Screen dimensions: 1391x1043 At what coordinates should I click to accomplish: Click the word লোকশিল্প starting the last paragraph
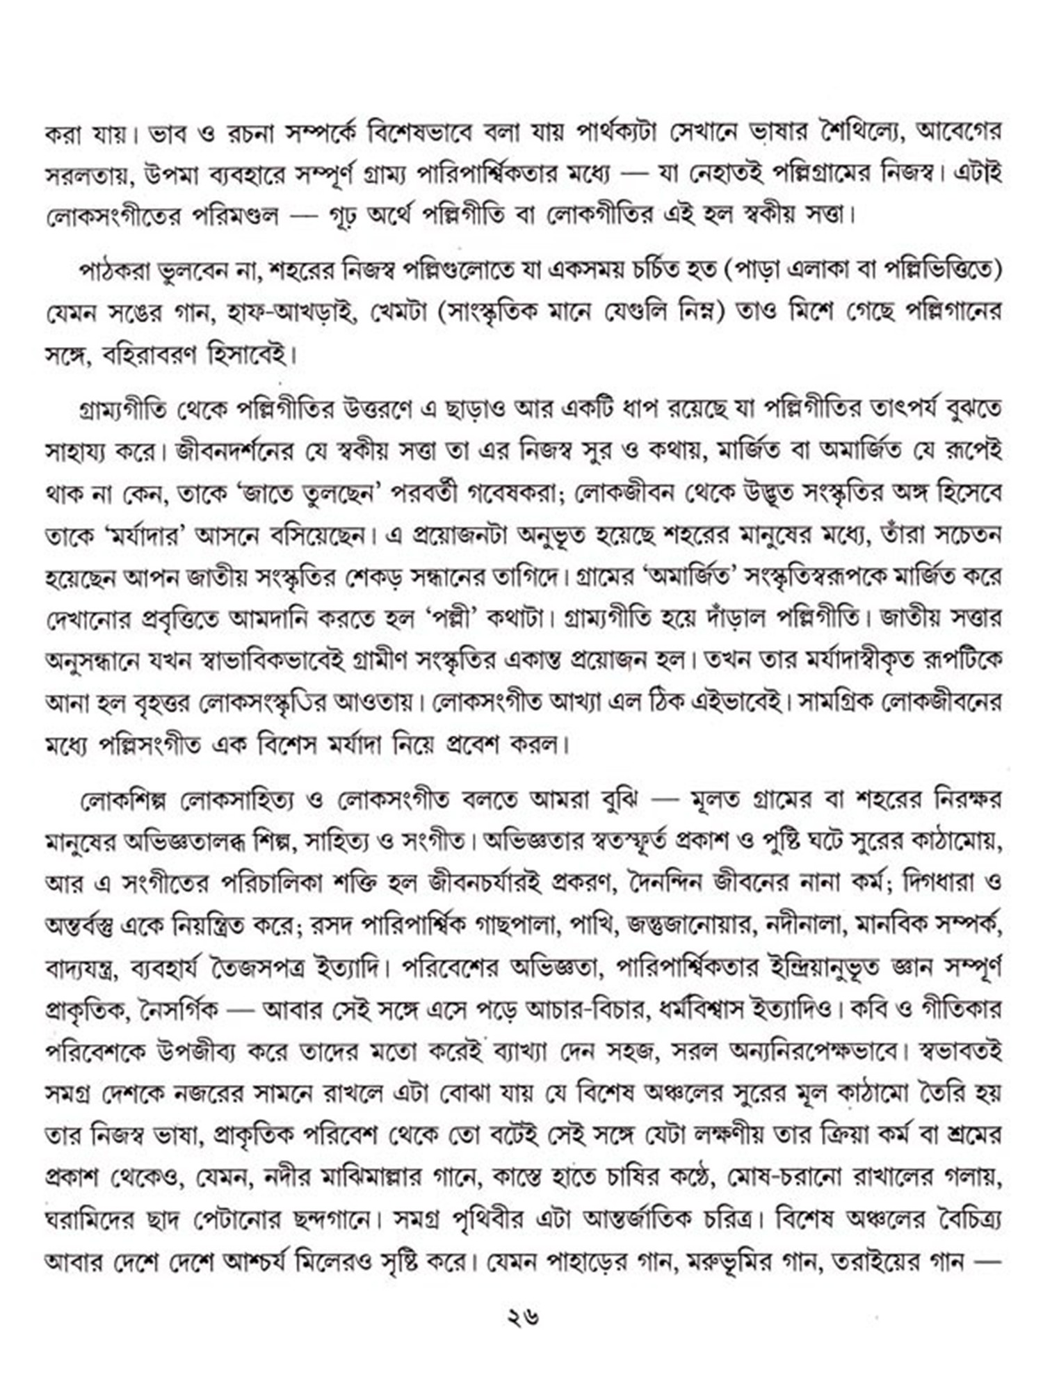click(x=124, y=801)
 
